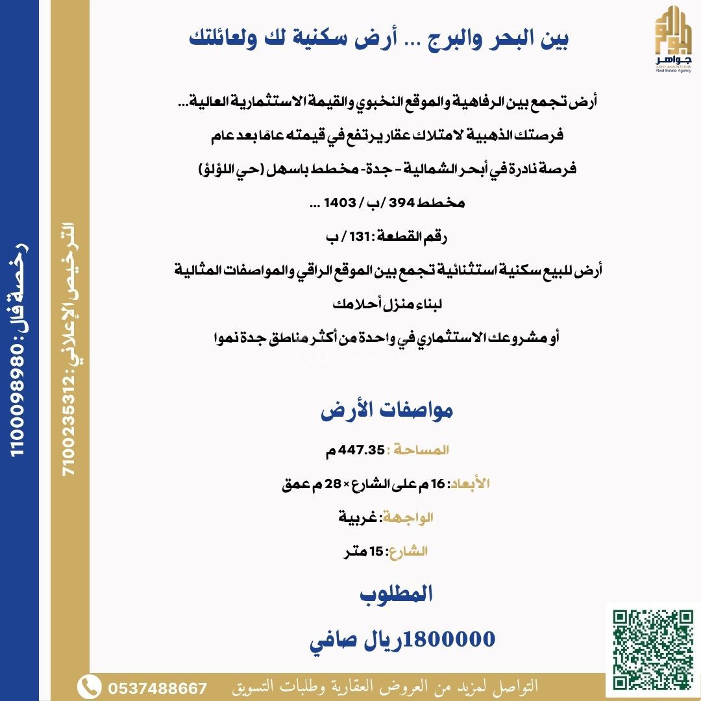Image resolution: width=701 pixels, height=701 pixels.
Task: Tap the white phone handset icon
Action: (x=89, y=687)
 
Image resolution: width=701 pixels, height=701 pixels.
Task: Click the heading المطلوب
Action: (x=396, y=593)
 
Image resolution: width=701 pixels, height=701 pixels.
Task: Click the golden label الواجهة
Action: (x=408, y=517)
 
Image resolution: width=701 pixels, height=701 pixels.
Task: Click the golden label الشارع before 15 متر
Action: (x=408, y=552)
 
